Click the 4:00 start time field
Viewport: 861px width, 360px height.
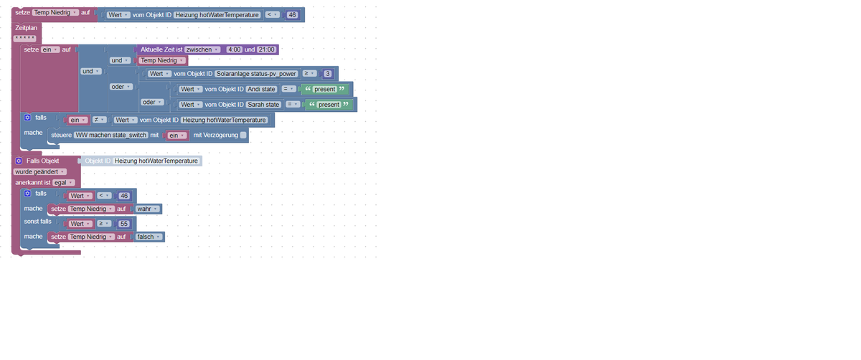[x=234, y=49]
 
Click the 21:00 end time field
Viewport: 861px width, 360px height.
[x=266, y=49]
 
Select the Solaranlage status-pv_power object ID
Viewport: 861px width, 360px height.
[x=256, y=74]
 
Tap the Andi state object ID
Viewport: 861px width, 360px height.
[x=261, y=89]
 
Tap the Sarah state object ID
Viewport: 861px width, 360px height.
[x=263, y=105]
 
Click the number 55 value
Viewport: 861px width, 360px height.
[x=123, y=224]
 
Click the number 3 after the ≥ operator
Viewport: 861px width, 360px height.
[x=327, y=74]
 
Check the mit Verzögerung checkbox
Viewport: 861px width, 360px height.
[x=243, y=136]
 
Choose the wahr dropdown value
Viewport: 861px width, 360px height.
[x=147, y=209]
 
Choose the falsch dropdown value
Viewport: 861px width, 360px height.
[x=149, y=237]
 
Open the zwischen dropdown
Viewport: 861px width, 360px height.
[x=202, y=49]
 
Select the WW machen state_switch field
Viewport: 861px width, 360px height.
[x=111, y=136]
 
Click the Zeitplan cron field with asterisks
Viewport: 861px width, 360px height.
[x=25, y=38]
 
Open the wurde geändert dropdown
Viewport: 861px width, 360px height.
[x=40, y=171]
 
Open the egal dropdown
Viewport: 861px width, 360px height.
[x=63, y=182]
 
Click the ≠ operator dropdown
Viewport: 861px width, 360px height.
[x=99, y=120]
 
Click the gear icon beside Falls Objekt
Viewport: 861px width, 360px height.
[x=19, y=161]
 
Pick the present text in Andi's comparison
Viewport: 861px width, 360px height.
[x=324, y=89]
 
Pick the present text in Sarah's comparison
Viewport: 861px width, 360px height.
[x=329, y=105]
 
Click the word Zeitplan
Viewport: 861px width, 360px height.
[x=26, y=28]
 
